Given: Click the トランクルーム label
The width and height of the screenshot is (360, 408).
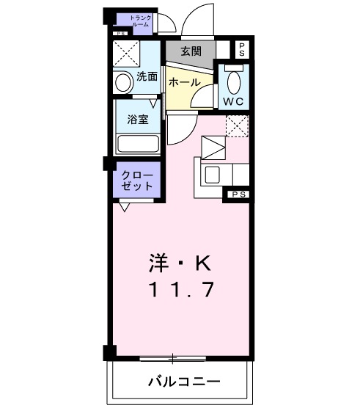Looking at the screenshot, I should [x=139, y=21].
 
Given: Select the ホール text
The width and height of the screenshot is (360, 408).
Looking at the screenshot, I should [x=185, y=83].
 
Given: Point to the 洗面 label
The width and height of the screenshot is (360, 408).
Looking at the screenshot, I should [x=147, y=76].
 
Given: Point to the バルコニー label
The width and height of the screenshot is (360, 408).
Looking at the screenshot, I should [x=184, y=382].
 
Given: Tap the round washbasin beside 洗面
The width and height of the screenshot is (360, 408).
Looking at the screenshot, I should [x=122, y=82].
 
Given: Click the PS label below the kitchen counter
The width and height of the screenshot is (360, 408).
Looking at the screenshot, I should [x=237, y=194].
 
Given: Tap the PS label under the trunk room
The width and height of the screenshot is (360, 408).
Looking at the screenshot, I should [x=120, y=33].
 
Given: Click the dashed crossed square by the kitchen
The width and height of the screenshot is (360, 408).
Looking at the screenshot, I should [x=236, y=126].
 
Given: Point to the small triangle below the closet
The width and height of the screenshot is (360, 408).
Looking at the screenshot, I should [x=125, y=208].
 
